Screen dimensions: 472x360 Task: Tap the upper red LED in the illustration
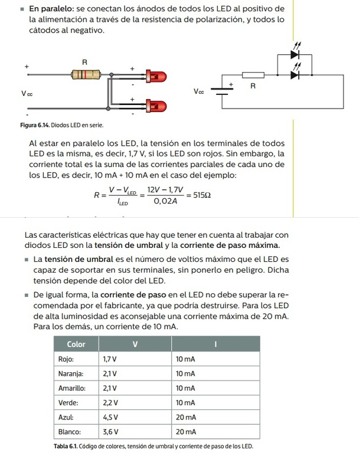(x=157, y=77)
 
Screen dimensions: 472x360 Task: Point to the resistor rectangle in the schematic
(x=253, y=75)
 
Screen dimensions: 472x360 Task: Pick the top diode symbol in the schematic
(x=295, y=55)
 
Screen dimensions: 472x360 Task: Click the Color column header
(x=76, y=344)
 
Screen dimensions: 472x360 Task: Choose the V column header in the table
(x=134, y=344)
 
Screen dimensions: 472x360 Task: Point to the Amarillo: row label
(x=72, y=388)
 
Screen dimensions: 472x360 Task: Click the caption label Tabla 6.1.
(x=66, y=447)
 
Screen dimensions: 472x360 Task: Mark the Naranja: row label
(x=71, y=373)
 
